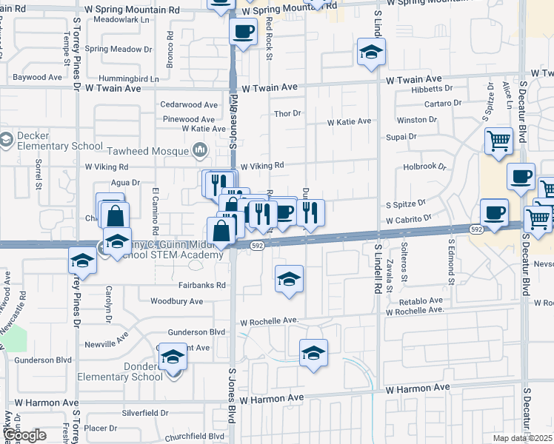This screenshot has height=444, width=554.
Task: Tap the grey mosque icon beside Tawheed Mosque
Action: click(x=199, y=151)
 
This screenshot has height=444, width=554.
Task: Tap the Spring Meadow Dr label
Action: click(x=119, y=49)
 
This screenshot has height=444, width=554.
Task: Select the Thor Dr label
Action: click(x=287, y=113)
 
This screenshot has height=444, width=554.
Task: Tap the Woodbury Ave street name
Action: click(x=176, y=301)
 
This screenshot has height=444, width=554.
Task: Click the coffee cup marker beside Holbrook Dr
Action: click(x=521, y=177)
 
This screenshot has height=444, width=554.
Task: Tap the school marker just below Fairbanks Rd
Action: click(x=289, y=279)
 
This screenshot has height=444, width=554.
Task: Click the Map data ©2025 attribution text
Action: click(x=521, y=438)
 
